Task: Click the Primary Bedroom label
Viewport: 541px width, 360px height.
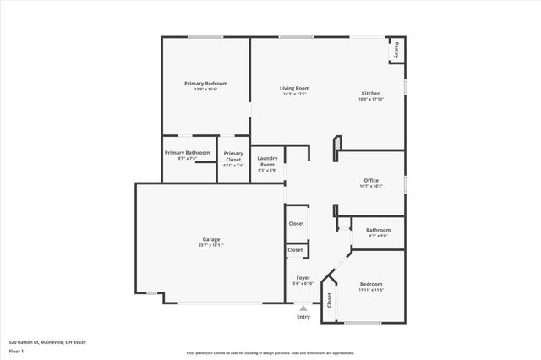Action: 206,84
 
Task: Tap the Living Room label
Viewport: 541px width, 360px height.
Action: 296,88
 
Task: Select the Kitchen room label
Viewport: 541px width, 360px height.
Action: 371,93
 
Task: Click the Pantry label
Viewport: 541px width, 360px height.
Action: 395,51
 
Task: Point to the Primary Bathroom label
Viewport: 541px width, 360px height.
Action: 187,152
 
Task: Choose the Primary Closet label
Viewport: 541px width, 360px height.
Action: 233,155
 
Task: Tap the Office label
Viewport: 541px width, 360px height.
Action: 371,179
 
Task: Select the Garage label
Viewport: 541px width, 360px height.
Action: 210,239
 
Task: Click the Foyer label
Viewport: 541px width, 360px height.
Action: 303,277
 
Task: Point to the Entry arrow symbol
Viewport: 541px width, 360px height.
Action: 303,309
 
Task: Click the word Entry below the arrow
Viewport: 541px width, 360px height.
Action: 303,318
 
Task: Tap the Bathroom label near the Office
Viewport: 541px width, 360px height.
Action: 378,230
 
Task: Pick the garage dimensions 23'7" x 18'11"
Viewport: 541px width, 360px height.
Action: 210,245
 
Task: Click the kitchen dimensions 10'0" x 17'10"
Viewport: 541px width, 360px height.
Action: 371,99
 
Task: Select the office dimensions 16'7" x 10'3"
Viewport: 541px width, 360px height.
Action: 371,185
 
